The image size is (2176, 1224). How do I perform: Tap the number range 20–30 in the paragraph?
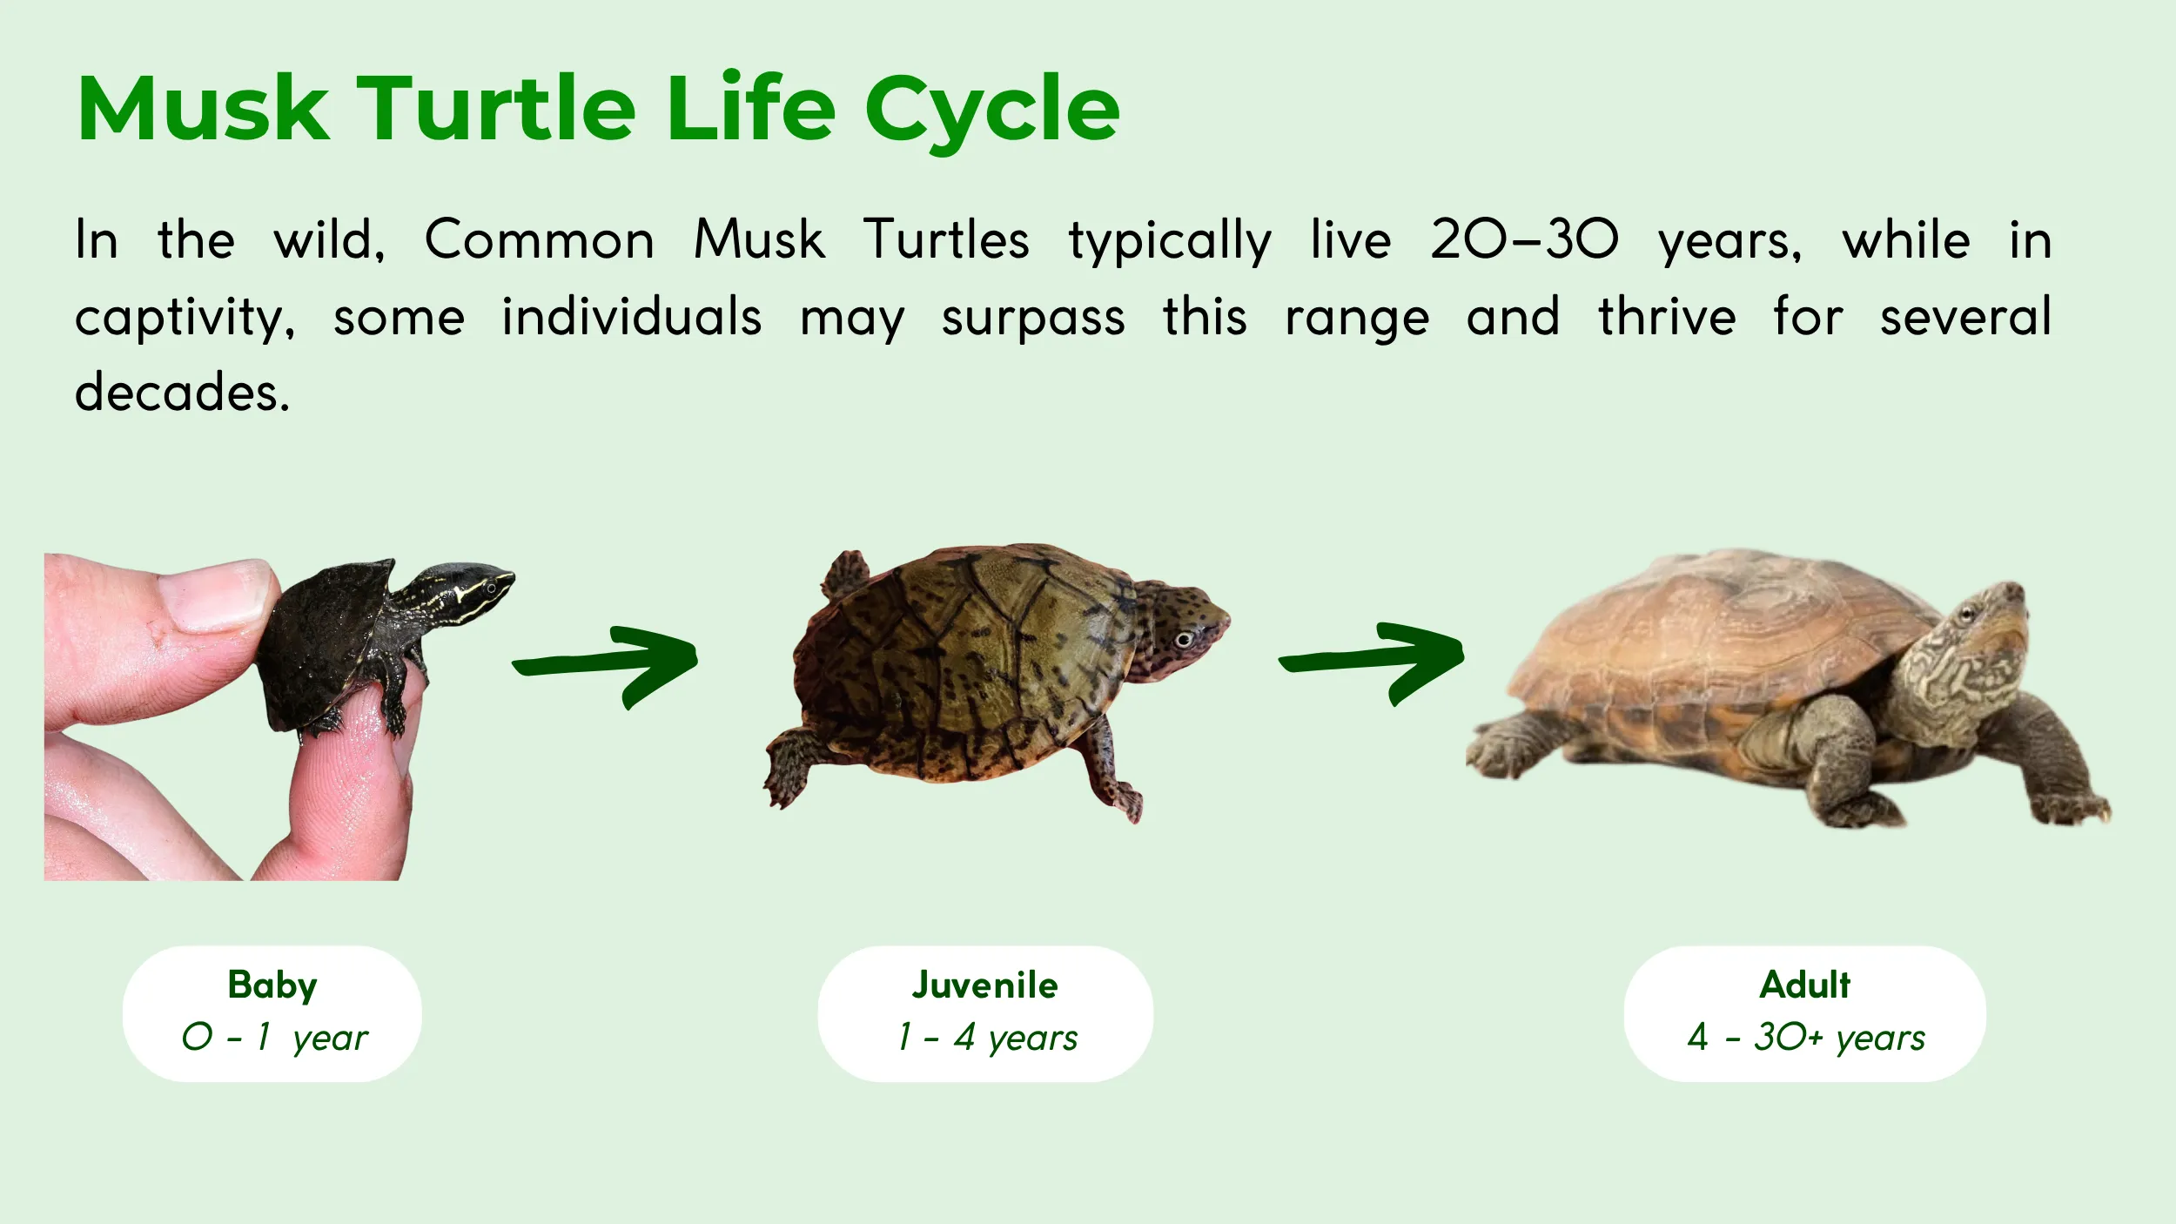tap(1524, 239)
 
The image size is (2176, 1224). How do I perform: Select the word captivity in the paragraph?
tap(184, 317)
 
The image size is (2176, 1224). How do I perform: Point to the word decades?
tap(181, 393)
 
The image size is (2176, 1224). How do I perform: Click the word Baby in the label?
tap(272, 985)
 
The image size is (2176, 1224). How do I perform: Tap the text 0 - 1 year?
tap(274, 1038)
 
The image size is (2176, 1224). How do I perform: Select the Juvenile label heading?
tap(984, 985)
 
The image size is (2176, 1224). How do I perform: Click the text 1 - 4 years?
tap(987, 1038)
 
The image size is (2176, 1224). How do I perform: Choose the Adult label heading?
tap(1804, 985)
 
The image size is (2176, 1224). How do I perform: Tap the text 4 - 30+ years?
tap(1805, 1038)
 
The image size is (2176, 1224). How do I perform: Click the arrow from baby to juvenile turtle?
tap(607, 665)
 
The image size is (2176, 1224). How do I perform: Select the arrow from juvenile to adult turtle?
tap(1373, 662)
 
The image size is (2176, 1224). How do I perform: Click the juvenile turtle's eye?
tap(1183, 641)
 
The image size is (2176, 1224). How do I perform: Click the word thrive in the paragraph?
tap(1667, 317)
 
